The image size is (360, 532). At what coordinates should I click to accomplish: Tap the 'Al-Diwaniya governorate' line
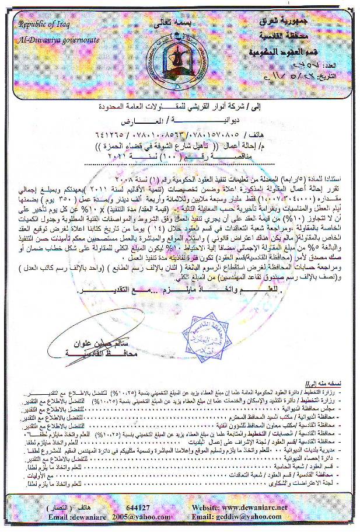point(58,39)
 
